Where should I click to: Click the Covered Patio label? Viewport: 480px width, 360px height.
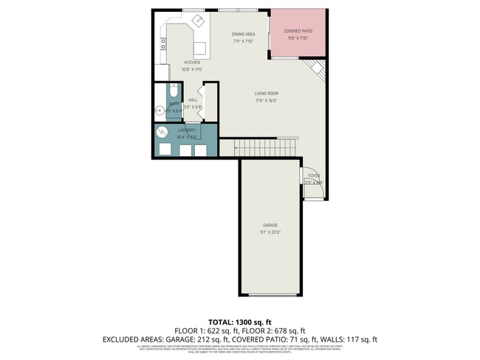click(x=297, y=31)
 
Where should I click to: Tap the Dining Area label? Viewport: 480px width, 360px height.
click(x=243, y=34)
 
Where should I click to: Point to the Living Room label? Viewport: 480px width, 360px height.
click(x=266, y=93)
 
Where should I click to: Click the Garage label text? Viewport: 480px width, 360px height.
click(x=270, y=224)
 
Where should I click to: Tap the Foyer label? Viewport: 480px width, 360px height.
click(x=314, y=176)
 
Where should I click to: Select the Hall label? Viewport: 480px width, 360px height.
click(x=193, y=100)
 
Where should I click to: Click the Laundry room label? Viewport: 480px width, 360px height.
click(x=186, y=130)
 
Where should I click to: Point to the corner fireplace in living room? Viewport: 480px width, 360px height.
click(x=316, y=70)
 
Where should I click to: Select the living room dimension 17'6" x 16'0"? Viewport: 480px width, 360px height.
click(x=266, y=100)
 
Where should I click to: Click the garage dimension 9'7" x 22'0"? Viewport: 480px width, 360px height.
click(x=270, y=232)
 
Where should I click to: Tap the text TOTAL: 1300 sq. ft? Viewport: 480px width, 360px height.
click(x=240, y=322)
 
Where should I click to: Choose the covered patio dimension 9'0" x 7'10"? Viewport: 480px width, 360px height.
click(x=297, y=38)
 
